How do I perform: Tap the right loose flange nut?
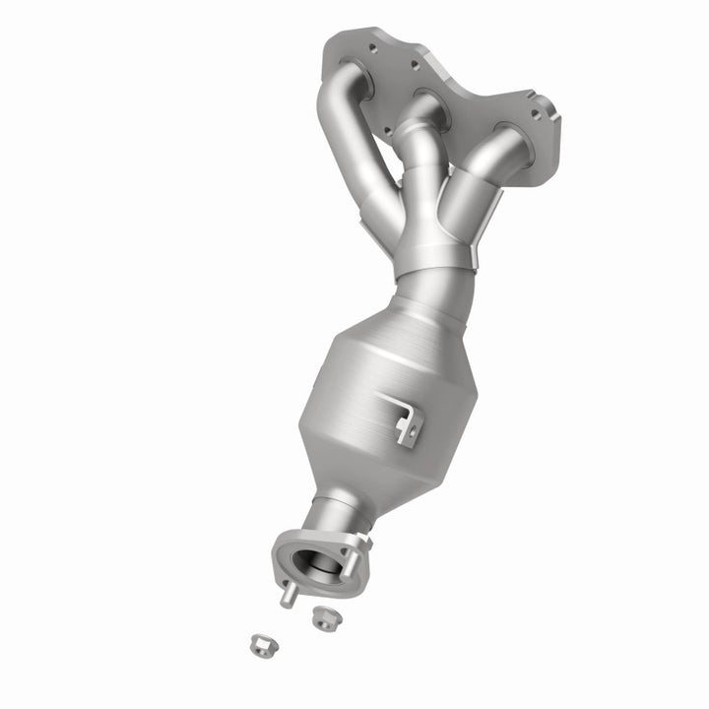click(x=322, y=617)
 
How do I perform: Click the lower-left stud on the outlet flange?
click(x=285, y=596)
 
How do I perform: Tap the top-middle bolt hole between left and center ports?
click(x=417, y=64)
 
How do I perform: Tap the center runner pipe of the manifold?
click(x=419, y=177)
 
